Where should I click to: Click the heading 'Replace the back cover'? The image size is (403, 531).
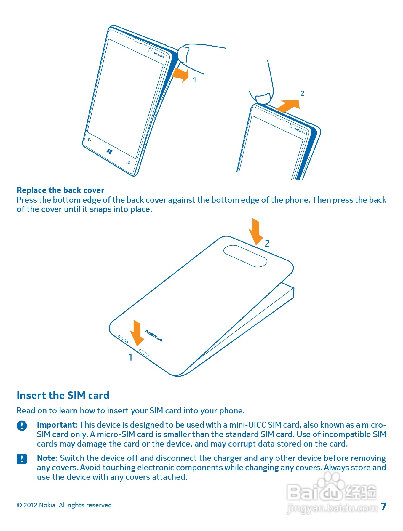[60, 190]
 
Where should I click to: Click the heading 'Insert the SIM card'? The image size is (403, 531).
[63, 395]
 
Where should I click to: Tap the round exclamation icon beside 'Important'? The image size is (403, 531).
[22, 426]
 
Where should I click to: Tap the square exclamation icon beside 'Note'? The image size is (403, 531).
[22, 459]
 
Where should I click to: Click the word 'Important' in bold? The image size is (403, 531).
[57, 425]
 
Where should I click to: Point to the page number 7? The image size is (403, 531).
[384, 507]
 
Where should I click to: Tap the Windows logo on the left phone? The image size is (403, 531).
[109, 152]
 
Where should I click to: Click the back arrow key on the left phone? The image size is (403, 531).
[89, 139]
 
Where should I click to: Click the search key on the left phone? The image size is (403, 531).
[129, 163]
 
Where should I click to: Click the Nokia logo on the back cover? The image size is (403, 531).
[153, 336]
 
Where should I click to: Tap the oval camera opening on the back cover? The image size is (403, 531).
[245, 256]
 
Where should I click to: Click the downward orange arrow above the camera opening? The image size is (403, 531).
[256, 232]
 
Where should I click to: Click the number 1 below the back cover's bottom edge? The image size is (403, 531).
[130, 357]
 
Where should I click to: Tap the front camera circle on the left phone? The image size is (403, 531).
[150, 50]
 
